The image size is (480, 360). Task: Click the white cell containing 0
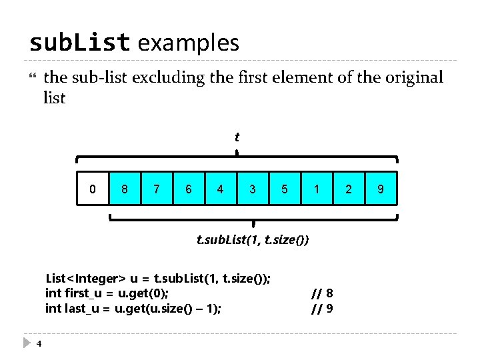coord(93,189)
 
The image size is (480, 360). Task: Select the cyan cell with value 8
coord(125,189)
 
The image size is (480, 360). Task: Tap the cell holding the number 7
coord(157,189)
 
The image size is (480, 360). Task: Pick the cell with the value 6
coord(189,189)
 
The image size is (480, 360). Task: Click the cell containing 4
coord(221,189)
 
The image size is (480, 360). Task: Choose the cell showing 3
coord(253,189)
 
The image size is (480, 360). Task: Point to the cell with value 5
coord(285,189)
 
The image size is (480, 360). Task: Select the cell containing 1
coord(317,189)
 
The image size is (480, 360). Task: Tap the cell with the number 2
coord(349,189)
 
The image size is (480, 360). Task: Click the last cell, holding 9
coord(381,189)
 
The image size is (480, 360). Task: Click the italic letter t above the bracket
coord(237,137)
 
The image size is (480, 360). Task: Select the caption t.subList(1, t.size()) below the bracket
coord(253,239)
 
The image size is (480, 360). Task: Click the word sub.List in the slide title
coord(79,43)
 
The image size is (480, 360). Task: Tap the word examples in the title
coord(188,43)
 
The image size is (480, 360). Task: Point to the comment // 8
coord(323,293)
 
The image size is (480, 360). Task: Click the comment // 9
coord(323,308)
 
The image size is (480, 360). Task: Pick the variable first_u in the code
coord(85,293)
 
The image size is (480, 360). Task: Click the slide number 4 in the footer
coord(39,343)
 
